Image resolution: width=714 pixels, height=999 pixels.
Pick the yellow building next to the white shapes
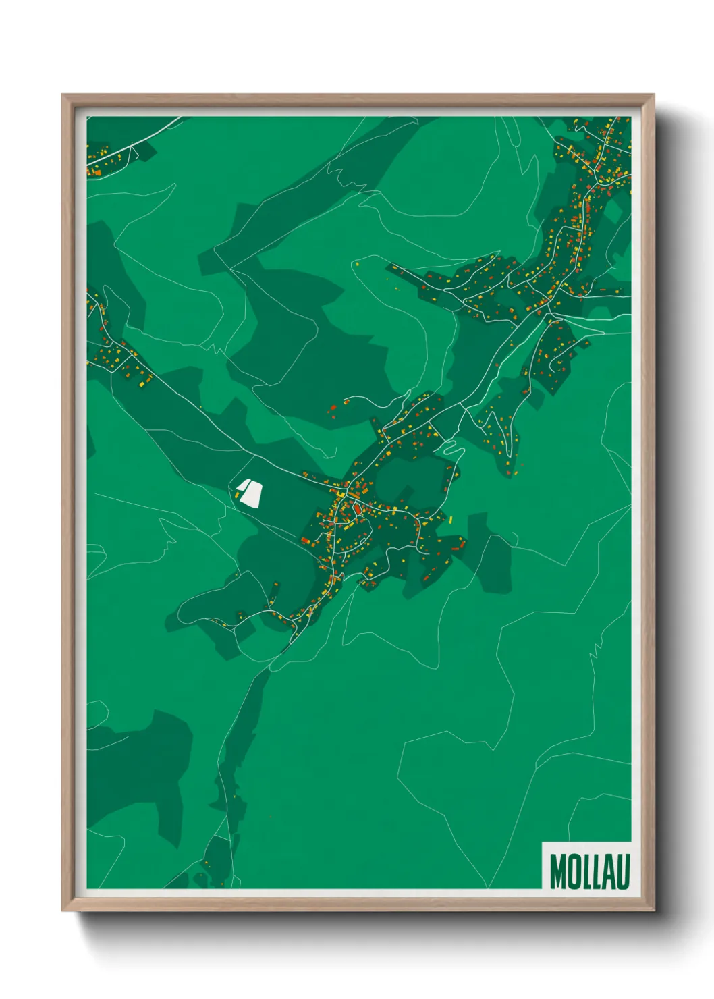pos(238,496)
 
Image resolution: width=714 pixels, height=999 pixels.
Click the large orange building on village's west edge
pos(306,541)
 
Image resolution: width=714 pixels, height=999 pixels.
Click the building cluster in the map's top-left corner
pos(105,159)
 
